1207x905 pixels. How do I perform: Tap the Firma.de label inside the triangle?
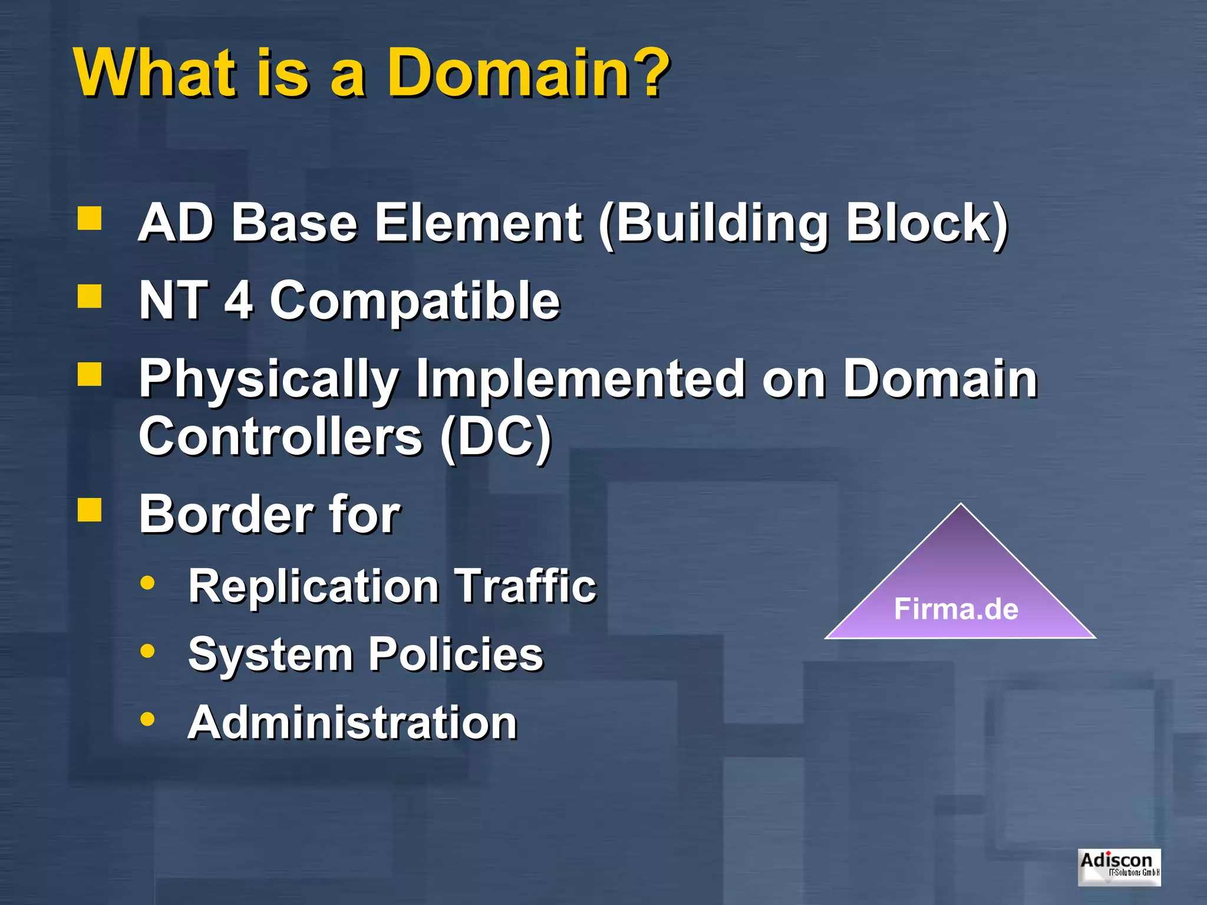(956, 609)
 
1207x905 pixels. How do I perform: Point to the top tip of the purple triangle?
(961, 505)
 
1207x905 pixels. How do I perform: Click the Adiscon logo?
(1119, 866)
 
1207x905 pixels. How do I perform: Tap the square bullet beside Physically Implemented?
(90, 374)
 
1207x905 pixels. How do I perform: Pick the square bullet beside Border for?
(90, 510)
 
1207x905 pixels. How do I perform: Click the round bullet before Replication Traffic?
(147, 583)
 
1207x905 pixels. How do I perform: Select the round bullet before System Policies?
(147, 651)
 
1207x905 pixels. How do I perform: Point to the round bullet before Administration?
(147, 719)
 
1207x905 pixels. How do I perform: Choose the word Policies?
(456, 655)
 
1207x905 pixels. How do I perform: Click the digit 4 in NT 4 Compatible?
(239, 300)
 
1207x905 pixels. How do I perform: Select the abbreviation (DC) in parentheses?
(495, 437)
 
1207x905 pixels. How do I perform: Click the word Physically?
(268, 380)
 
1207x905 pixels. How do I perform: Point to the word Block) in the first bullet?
(926, 224)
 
